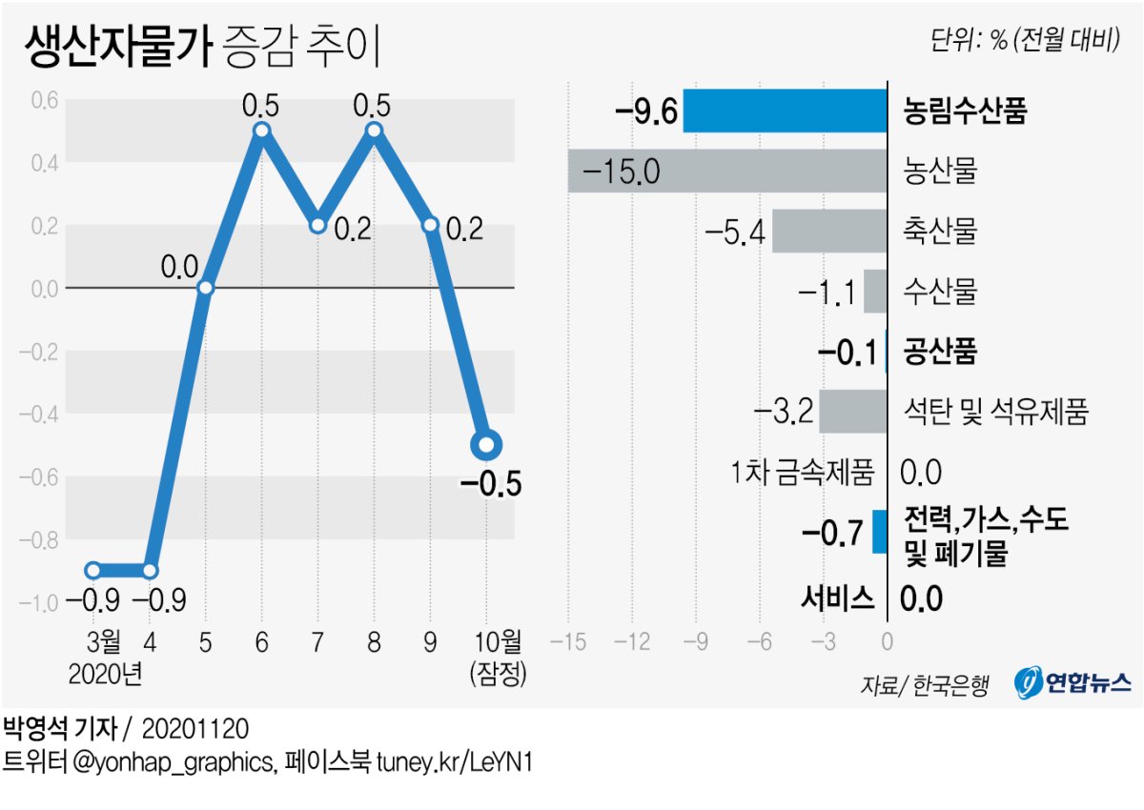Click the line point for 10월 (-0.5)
486,444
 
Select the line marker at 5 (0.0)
205,287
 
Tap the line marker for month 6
261,131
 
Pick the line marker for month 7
317,225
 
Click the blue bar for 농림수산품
785,111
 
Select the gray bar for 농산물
727,172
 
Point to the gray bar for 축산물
828,232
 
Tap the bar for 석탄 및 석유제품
852,412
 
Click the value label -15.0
620,172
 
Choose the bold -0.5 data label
490,485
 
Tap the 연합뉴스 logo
1072,682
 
